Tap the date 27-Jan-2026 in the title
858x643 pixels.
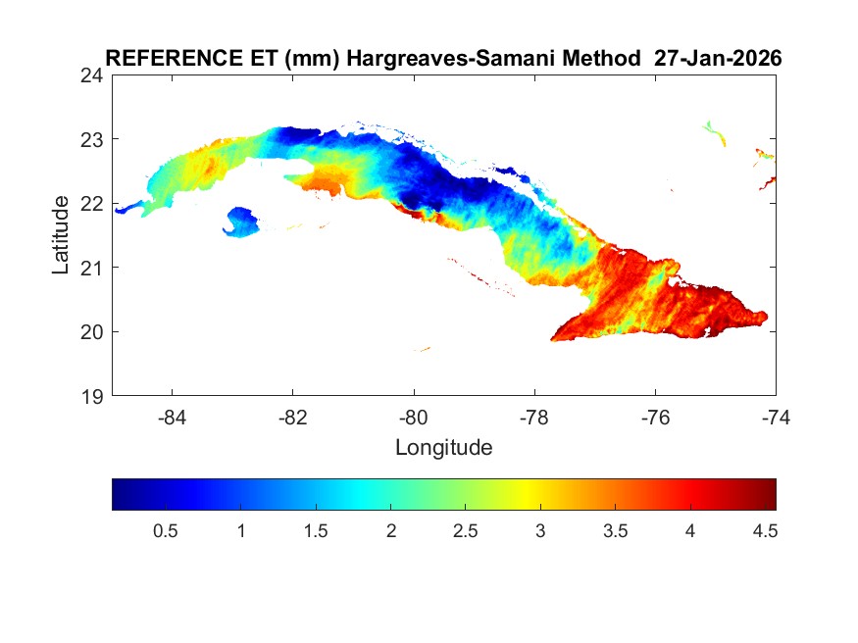[x=718, y=58]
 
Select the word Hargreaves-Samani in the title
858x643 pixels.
[x=462, y=58]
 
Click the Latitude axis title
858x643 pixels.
[x=61, y=235]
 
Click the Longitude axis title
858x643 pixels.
[x=443, y=449]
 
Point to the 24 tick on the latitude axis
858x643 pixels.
[x=94, y=75]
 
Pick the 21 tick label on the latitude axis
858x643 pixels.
[x=94, y=268]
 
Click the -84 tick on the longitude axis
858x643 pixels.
[x=173, y=418]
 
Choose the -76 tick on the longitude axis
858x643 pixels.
[x=655, y=418]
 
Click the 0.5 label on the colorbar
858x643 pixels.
[x=165, y=530]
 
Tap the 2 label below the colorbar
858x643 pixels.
[x=390, y=530]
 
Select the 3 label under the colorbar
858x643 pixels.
[x=540, y=530]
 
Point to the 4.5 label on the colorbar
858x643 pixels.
[x=766, y=530]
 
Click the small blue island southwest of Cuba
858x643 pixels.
[x=241, y=221]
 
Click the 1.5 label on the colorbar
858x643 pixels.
[x=316, y=530]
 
